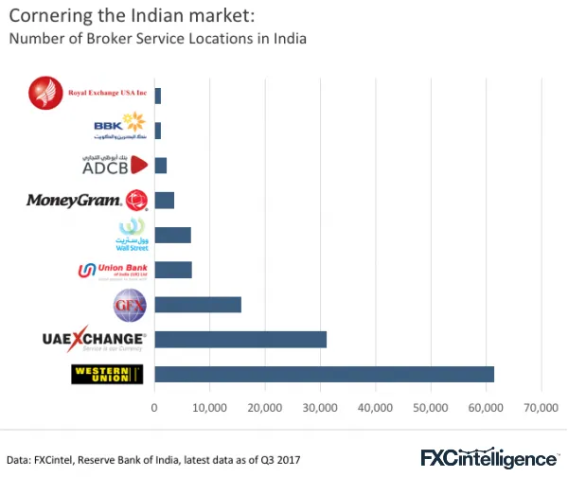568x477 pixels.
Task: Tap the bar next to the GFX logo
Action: coord(198,304)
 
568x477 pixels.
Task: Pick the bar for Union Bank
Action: coord(173,270)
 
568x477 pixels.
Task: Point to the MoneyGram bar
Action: coord(165,200)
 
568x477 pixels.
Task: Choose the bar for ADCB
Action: coord(161,166)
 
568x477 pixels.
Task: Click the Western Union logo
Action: coord(107,375)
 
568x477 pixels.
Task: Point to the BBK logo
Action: coord(118,128)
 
